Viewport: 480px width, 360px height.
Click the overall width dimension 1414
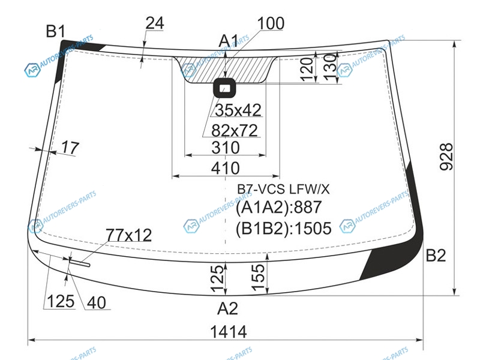(x=229, y=332)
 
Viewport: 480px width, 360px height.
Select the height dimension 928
(x=446, y=157)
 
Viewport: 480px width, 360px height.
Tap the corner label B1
(x=56, y=31)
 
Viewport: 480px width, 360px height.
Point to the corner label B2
(x=436, y=255)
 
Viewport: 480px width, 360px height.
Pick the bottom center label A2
(x=227, y=308)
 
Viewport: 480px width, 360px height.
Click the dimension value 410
(x=226, y=168)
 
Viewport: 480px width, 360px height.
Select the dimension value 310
(x=226, y=148)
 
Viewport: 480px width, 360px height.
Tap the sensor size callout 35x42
(x=238, y=110)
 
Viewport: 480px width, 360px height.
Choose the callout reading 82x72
(x=235, y=130)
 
